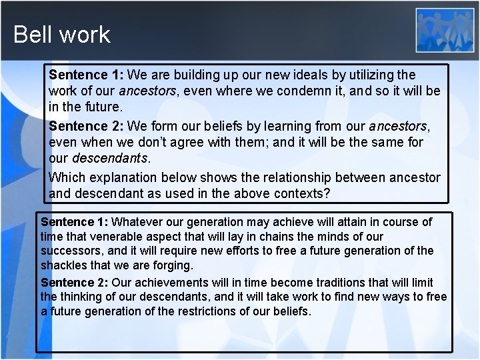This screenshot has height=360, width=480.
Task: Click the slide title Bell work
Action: coord(61,34)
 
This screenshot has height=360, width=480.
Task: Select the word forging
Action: coord(173,266)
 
